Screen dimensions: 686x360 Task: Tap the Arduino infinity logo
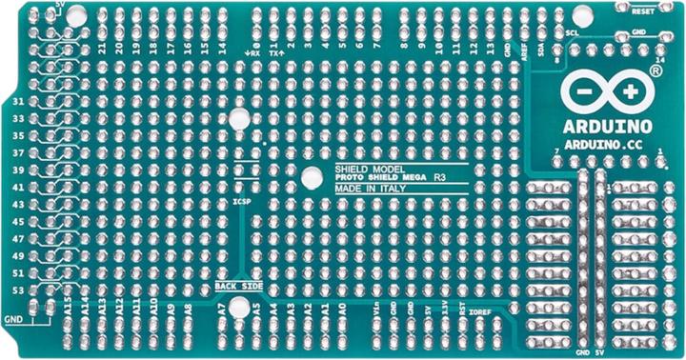click(x=607, y=91)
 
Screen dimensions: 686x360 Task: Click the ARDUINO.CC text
click(x=607, y=142)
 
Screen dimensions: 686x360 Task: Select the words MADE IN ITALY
click(x=365, y=189)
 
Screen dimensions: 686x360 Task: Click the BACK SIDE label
click(x=238, y=286)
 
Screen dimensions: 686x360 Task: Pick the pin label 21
click(x=101, y=46)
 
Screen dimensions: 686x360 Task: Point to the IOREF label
click(x=480, y=310)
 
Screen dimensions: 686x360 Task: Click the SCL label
click(x=572, y=34)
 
